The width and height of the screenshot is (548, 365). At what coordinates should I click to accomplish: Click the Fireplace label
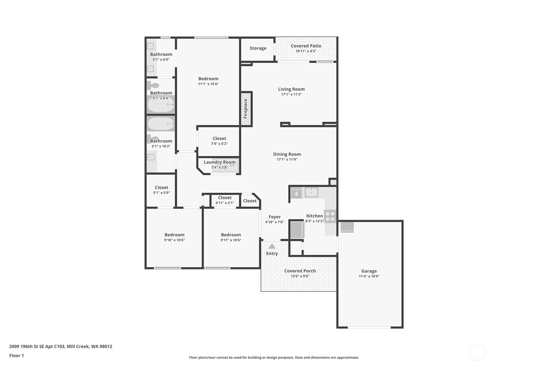click(x=245, y=108)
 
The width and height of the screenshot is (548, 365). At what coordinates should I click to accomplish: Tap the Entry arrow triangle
click(x=272, y=247)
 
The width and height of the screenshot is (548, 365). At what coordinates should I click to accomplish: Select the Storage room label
click(x=258, y=48)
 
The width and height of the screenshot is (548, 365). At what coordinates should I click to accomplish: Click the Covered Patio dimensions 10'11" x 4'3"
click(x=306, y=51)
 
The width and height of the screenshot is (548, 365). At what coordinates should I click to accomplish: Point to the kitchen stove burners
click(x=330, y=216)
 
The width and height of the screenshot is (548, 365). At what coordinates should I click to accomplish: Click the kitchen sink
click(x=311, y=192)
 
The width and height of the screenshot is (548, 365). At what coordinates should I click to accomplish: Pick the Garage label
click(x=369, y=271)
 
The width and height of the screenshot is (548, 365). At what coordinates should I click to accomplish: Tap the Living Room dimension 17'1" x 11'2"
click(x=291, y=94)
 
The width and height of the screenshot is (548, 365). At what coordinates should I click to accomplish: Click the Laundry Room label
click(x=219, y=162)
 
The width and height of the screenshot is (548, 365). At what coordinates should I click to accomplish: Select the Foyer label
click(x=274, y=217)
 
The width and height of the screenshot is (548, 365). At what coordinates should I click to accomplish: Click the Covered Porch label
click(x=300, y=271)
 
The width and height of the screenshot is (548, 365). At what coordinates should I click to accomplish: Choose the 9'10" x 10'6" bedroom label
click(x=174, y=235)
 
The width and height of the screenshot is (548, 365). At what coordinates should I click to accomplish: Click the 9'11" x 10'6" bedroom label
click(x=231, y=235)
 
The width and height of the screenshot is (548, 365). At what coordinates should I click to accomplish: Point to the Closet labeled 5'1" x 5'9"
click(x=161, y=188)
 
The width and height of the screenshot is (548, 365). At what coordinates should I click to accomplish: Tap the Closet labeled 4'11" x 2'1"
click(x=224, y=198)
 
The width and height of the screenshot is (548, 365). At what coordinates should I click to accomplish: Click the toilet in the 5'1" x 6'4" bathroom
click(x=154, y=86)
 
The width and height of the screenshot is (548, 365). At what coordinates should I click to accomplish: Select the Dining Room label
click(x=287, y=154)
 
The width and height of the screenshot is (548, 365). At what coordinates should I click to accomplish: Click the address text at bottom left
click(x=60, y=346)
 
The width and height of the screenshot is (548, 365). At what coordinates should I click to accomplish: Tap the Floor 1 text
click(x=16, y=355)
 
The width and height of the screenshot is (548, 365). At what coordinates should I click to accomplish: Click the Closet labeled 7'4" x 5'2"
click(x=219, y=138)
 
